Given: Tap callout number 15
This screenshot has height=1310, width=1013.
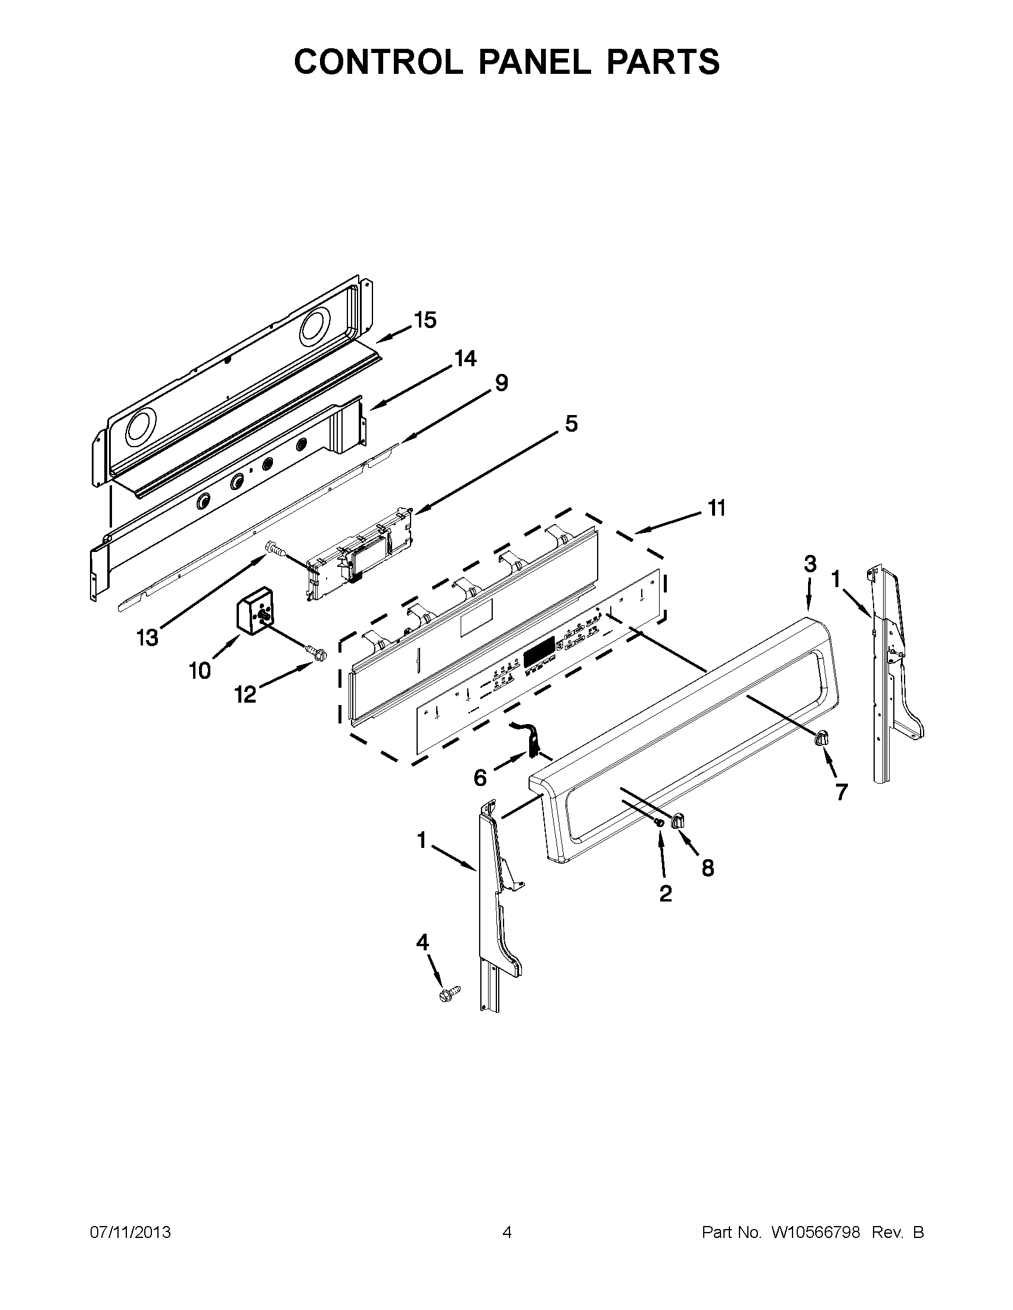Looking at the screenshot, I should point(425,320).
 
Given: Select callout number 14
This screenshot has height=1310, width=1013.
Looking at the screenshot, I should point(465,358).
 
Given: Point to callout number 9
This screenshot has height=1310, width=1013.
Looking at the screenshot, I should point(501,382).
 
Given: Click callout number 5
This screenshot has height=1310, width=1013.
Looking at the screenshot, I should point(571,423).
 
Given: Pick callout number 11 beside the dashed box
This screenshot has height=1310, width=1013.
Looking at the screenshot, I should point(716,508).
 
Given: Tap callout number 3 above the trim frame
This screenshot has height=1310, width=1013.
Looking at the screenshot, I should point(810,564).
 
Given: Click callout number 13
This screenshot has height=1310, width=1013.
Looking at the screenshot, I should point(147,638).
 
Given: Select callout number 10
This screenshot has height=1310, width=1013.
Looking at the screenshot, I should point(200,670).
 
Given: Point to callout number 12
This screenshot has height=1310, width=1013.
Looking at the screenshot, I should point(246,694).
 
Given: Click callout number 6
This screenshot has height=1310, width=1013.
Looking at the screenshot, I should point(480,778).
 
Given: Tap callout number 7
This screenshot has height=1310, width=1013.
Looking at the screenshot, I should point(841,792).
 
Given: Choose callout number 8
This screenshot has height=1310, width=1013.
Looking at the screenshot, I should point(708,868).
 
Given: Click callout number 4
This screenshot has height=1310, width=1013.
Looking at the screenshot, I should point(422,943).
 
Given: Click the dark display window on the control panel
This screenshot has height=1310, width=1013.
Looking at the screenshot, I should point(538,652).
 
